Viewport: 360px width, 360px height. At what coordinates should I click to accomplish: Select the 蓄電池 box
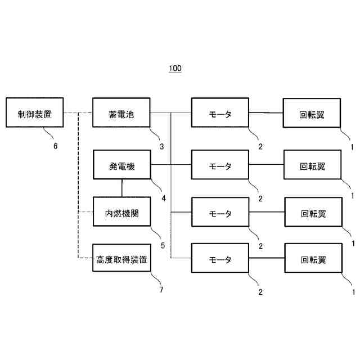click(121, 114)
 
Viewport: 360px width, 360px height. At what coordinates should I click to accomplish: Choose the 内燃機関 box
click(121, 213)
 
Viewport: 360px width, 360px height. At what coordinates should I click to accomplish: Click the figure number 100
click(175, 69)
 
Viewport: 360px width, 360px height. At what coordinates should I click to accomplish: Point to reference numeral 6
click(55, 146)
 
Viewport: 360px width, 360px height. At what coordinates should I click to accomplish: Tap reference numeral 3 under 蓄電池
click(161, 147)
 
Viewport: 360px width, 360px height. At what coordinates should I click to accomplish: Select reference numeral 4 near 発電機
click(164, 197)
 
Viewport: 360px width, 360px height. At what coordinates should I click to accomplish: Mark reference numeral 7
click(161, 290)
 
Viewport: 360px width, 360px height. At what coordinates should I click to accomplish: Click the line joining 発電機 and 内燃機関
click(121, 188)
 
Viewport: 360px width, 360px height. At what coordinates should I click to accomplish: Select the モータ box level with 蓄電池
click(220, 114)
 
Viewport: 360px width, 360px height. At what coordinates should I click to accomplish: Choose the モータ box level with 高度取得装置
click(220, 259)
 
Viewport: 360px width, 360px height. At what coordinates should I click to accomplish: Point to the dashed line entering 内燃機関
click(85, 211)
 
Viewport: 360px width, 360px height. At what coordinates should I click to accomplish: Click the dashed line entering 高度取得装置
click(85, 258)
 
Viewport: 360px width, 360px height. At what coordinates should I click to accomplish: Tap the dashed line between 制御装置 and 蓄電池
click(78, 114)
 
